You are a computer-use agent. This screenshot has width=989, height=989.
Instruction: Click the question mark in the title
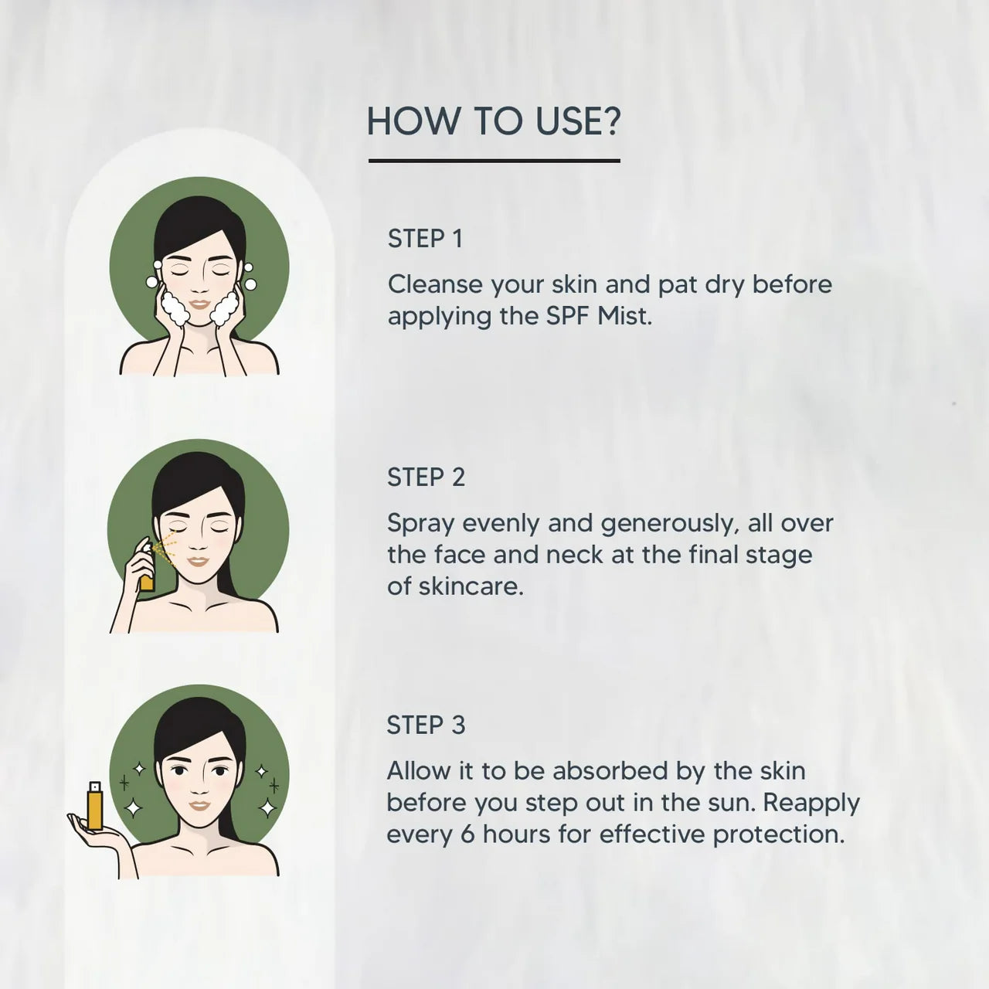610,121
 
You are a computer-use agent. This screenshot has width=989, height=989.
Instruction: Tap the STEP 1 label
426,239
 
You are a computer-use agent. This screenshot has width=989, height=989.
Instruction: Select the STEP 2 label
426,478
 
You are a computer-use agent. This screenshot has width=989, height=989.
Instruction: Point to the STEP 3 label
426,726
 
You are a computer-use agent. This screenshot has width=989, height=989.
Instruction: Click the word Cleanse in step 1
435,284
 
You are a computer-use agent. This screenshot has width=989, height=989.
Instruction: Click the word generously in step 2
669,525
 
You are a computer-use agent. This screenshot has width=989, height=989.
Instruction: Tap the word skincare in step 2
471,586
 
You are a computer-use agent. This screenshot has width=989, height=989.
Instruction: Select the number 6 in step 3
467,834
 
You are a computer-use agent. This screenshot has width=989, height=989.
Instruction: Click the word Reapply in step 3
811,804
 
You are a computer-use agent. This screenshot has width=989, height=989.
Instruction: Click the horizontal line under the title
494,161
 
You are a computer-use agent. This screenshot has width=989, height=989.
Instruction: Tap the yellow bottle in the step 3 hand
95,805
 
